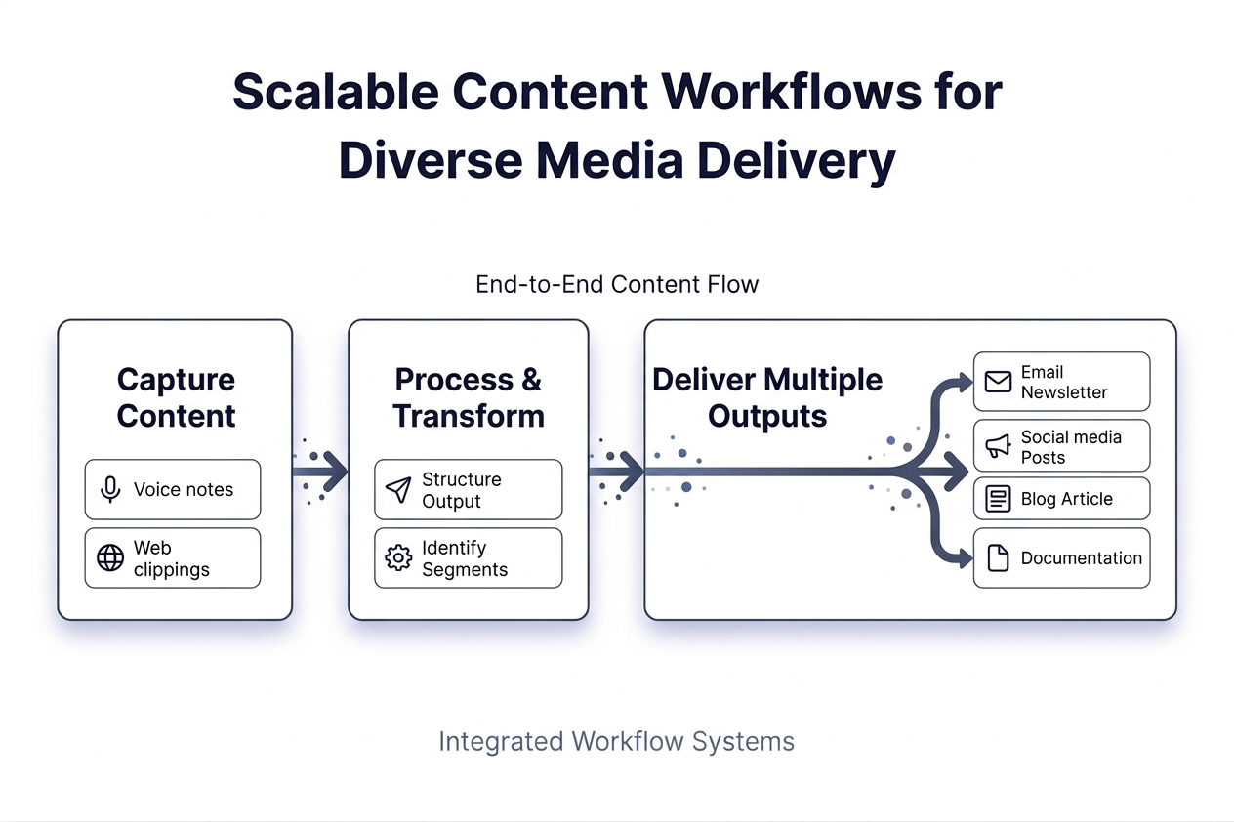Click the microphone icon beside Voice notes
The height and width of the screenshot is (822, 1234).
click(110, 489)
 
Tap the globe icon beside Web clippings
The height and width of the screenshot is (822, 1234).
click(110, 557)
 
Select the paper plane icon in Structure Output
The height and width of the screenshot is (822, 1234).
click(398, 489)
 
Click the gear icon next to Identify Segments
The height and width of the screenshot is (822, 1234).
click(398, 557)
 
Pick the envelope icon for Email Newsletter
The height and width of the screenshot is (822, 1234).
click(998, 382)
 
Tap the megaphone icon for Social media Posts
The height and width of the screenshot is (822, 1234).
click(998, 446)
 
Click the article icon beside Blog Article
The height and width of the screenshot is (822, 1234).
click(998, 499)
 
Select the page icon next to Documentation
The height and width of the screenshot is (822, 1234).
click(998, 557)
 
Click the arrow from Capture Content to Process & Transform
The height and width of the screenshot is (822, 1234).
click(322, 471)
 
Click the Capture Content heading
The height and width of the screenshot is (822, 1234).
click(176, 397)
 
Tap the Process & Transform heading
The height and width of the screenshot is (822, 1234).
click(469, 397)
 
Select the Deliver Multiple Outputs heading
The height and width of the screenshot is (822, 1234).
click(767, 397)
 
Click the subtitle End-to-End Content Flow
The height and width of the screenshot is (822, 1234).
click(617, 284)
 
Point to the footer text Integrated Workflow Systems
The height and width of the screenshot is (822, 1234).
click(616, 741)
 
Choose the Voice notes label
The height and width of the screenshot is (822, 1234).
click(184, 489)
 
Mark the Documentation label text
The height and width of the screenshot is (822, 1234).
click(1081, 557)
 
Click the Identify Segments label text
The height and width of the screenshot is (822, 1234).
click(465, 558)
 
